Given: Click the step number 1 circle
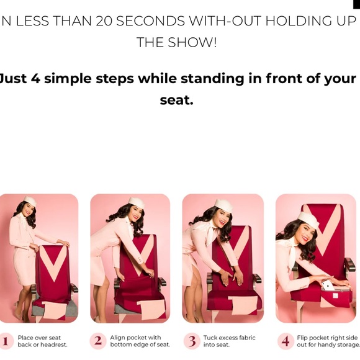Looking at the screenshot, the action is coord(5,341).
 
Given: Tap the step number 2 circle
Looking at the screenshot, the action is coord(98,341).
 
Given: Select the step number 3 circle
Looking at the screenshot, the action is coord(192,341).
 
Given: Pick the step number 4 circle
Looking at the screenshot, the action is coord(286,341).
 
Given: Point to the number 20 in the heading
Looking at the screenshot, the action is coord(104,21).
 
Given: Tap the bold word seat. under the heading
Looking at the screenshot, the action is coord(176,100).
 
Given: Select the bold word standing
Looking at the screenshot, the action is coord(212,79).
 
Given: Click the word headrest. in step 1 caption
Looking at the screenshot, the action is coord(54,344).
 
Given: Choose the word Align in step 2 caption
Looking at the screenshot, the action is coord(117,338).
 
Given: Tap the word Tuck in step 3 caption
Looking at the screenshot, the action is coord(209,338).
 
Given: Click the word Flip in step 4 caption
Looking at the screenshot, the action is coord(302,338).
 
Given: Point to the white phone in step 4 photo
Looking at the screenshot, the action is coord(328,287).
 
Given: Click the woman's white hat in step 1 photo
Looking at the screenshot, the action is coord(30,201).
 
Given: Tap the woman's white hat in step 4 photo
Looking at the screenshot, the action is coord(308,220).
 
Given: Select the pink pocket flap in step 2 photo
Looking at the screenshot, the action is coord(151,309).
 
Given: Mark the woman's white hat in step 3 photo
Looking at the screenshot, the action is coord(223,205).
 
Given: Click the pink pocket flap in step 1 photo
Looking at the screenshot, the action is coord(55,310).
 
